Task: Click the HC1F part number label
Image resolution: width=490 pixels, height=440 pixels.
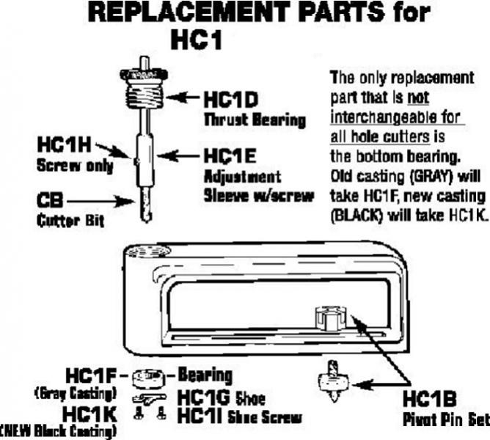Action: point(91,377)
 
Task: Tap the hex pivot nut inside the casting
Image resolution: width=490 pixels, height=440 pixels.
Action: point(329,321)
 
